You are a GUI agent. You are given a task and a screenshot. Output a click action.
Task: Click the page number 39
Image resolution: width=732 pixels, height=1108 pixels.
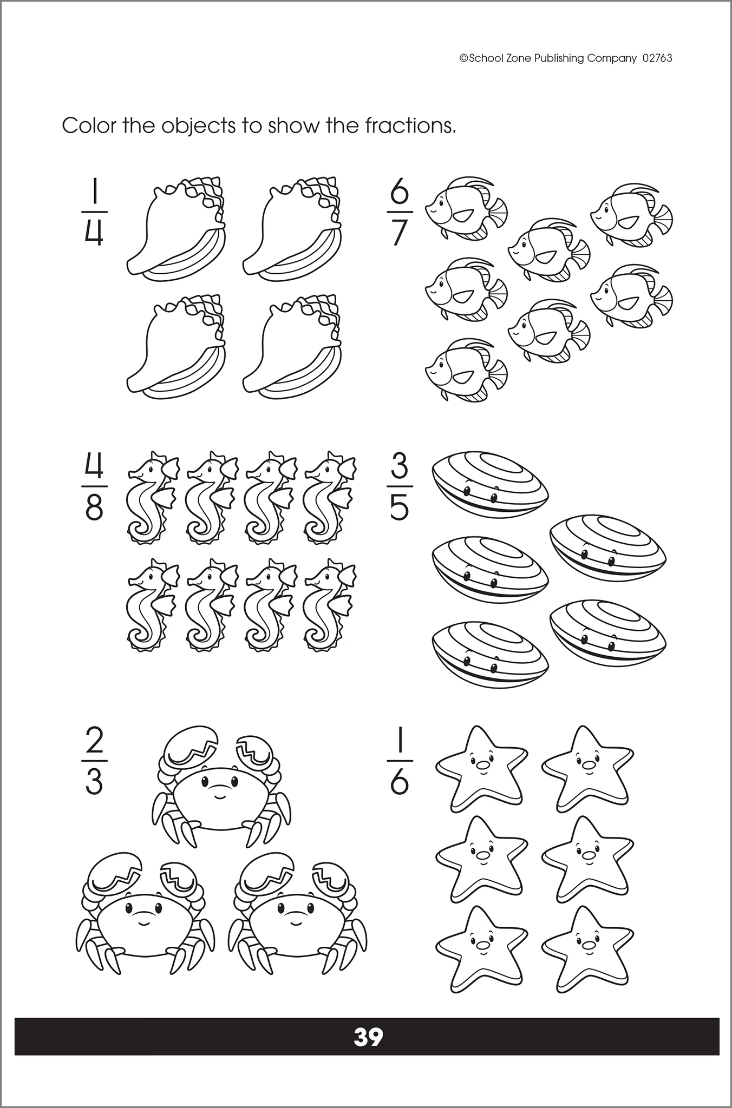click(368, 1037)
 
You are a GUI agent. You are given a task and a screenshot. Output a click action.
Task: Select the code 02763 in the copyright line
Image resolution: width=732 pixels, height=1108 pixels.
click(657, 58)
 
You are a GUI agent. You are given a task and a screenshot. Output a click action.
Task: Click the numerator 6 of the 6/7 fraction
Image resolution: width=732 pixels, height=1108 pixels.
click(400, 193)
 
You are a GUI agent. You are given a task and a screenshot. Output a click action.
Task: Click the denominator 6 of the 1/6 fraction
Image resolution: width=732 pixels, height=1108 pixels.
click(400, 782)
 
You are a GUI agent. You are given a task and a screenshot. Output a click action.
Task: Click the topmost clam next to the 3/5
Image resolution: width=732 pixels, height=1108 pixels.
click(490, 482)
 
